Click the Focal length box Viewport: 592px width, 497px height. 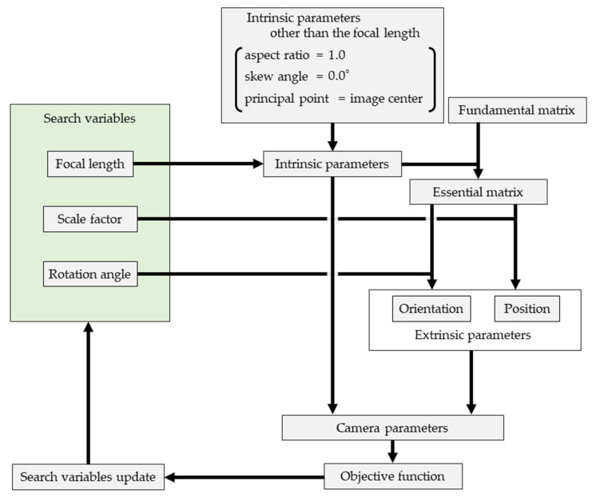pos(90,164)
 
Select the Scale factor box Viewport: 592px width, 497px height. pos(90,219)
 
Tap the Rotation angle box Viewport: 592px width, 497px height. pos(90,274)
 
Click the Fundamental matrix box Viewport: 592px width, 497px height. pos(517,110)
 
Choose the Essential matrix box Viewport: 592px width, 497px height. pos(479,192)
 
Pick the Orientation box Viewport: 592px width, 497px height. pos(431,309)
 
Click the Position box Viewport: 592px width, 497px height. pos(527,309)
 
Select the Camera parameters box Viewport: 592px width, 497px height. pos(392,428)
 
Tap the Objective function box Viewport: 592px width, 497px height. pos(393,476)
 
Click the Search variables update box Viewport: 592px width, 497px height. pos(89,477)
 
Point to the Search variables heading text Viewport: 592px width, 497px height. pos(89,118)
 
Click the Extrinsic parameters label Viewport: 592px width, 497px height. pos(473,335)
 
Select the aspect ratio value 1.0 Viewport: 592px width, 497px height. pos(337,55)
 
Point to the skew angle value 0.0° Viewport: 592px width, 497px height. pos(338,76)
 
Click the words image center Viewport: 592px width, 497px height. pos(386,98)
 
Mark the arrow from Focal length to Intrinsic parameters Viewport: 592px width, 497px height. pos(198,164)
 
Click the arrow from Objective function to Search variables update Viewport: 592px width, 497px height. pos(244,477)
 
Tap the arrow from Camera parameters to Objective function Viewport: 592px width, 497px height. pos(392,452)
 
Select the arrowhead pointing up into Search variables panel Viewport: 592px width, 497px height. pos(89,326)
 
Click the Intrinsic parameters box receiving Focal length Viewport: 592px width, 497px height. pos(332,164)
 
